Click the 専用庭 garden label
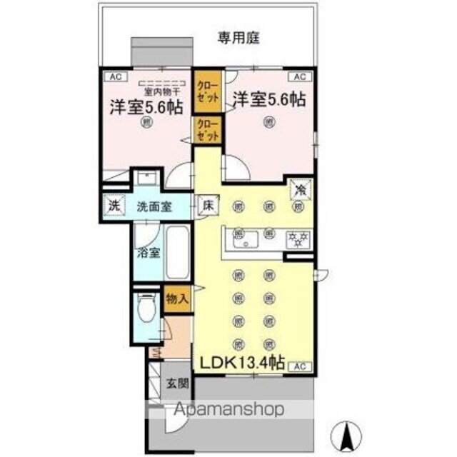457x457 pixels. pyautogui.click(x=239, y=38)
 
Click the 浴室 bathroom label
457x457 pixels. pyautogui.click(x=149, y=253)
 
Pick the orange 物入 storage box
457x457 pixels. pyautogui.click(x=177, y=298)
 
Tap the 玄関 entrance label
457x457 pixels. pyautogui.click(x=178, y=383)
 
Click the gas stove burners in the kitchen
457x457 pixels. pyautogui.click(x=298, y=239)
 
